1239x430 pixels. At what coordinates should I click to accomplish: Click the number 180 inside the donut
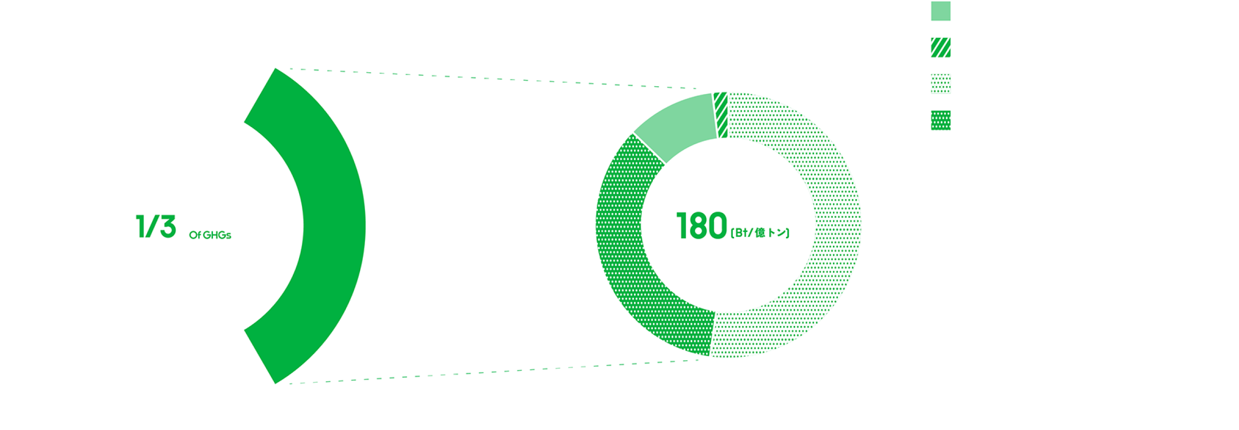(705, 228)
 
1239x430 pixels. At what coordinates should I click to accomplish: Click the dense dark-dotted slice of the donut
(629, 242)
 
